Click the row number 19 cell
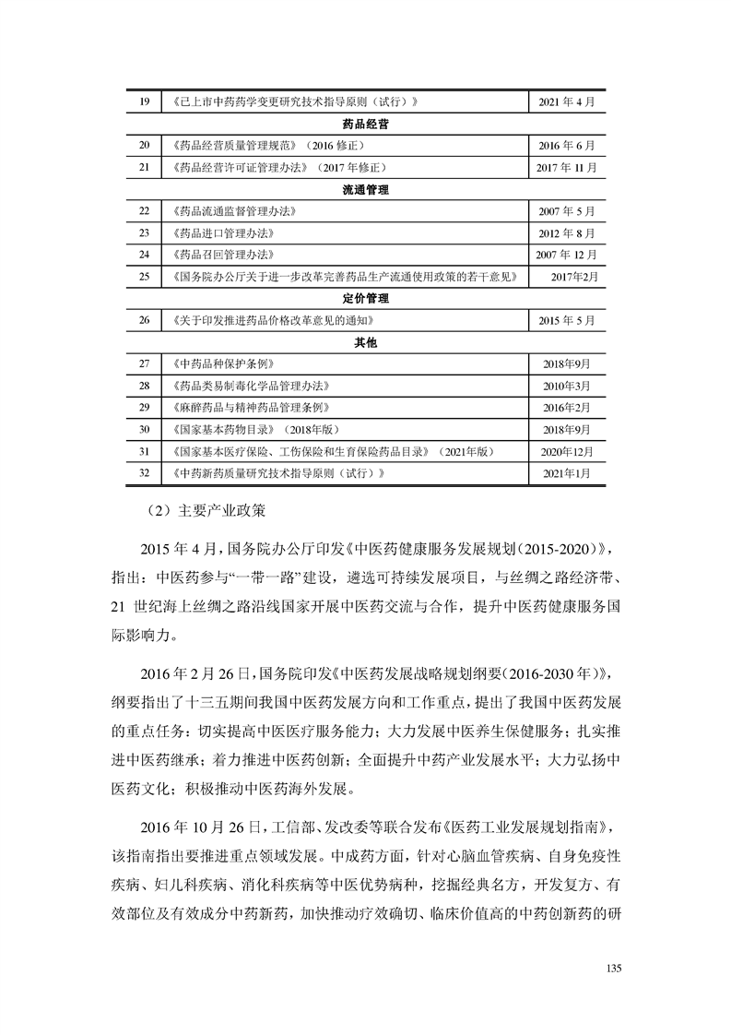coord(144,101)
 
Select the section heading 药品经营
coord(365,124)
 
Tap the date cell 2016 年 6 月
coord(567,146)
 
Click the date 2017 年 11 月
coord(567,168)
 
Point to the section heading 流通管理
coord(365,190)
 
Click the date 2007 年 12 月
coord(567,255)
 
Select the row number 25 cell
coord(144,277)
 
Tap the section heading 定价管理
coord(365,299)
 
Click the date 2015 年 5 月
coord(567,321)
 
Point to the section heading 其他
coord(365,342)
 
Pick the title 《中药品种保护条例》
coord(222,364)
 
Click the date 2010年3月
coord(567,386)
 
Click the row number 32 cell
coord(144,473)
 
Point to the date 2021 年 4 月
coord(567,101)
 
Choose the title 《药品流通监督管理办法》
coord(234,211)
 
